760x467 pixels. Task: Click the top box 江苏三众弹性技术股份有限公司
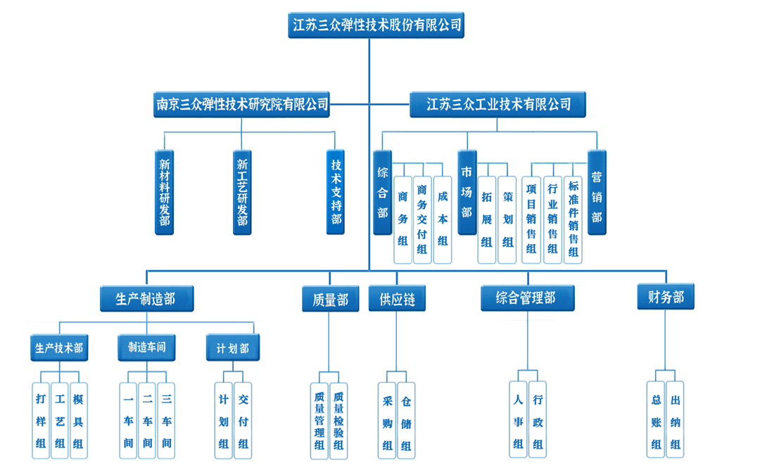pos(376,25)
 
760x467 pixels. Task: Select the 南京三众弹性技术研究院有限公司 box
pos(241,105)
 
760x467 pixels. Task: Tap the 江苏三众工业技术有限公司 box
pos(498,105)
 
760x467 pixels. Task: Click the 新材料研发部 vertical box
pos(164,191)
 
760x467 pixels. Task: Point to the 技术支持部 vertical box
pos(336,191)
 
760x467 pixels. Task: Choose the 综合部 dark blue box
pos(383,191)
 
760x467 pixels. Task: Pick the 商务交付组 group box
pos(422,219)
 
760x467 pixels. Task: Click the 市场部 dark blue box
pos(467,191)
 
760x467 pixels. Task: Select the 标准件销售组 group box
pos(574,219)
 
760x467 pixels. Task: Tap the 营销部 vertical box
pos(597,191)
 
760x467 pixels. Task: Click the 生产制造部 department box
pos(146,298)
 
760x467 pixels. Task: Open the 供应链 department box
pos(397,300)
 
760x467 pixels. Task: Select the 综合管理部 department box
pos(527,298)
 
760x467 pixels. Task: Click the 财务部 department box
pos(666,297)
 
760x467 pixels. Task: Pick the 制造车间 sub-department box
pos(146,347)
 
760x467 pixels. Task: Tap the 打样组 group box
pos(41,421)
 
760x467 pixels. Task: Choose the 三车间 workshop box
pos(166,421)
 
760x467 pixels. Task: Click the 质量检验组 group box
pos(338,421)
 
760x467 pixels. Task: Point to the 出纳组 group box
pos(676,421)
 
